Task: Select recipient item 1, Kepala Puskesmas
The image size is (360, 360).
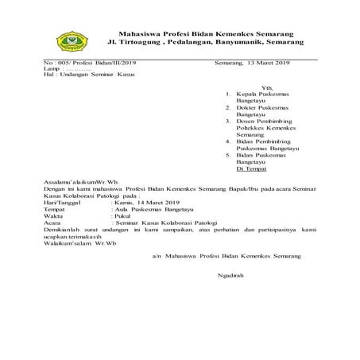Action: pos(262,93)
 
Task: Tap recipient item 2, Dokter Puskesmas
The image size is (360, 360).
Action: pos(262,106)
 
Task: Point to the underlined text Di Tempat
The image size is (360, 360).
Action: pos(254,169)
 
